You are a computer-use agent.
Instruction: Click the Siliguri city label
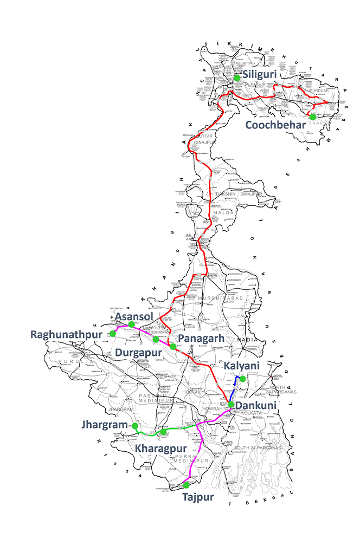pos(262,74)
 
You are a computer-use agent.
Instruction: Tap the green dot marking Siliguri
pos(237,78)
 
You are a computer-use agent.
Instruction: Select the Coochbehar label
pos(274,125)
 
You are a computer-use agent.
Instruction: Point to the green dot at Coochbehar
pos(313,116)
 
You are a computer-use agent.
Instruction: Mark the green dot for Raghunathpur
pos(113,333)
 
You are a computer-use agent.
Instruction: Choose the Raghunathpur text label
pos(66,334)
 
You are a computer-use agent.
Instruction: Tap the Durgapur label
pos(139,353)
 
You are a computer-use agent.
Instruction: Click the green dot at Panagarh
pos(172,346)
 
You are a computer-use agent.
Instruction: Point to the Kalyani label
pos(242,367)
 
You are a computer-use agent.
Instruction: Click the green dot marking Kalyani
pos(243,379)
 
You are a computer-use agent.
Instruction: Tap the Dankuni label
pos(257,405)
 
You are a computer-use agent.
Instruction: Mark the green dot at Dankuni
pos(230,404)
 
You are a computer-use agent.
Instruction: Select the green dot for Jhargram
pos(135,426)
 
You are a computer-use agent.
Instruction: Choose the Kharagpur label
pos(161,449)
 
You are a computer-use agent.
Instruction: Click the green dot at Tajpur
pos(186,485)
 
